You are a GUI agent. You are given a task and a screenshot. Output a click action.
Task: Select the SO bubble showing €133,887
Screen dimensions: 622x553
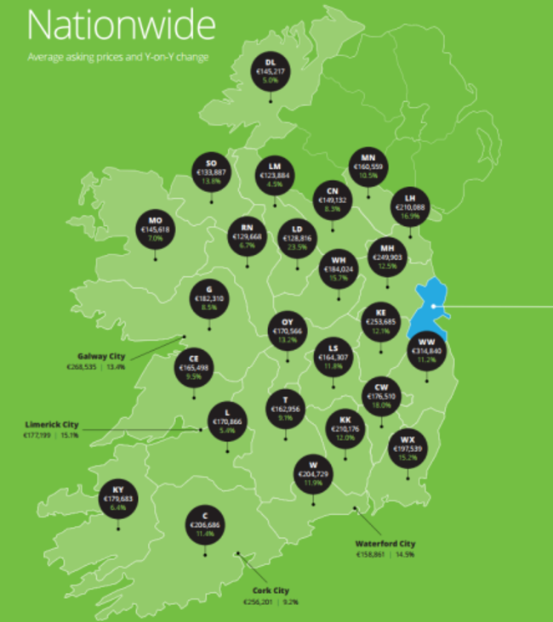211,171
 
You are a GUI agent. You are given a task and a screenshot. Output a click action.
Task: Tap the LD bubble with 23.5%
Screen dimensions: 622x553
298,239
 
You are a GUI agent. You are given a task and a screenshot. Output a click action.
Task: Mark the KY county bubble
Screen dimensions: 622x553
118,497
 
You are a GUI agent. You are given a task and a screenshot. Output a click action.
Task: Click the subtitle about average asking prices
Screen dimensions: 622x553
118,59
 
